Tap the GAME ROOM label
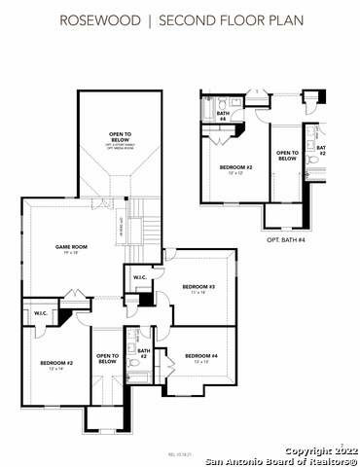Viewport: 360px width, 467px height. coord(71,248)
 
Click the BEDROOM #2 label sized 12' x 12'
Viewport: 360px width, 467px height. coord(235,167)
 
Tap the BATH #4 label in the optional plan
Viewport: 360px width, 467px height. coord(222,116)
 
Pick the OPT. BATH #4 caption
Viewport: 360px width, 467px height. coord(286,239)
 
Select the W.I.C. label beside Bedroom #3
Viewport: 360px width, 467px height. coord(140,279)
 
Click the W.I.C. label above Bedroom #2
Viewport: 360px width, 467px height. coord(41,313)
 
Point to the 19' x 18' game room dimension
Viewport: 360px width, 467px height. coord(71,255)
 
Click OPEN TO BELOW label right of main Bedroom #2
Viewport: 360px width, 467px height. coord(107,359)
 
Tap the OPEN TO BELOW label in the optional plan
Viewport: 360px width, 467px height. coord(287,157)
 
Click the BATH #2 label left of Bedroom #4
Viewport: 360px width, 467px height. coord(143,353)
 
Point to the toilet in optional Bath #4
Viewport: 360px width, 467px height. coord(222,102)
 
